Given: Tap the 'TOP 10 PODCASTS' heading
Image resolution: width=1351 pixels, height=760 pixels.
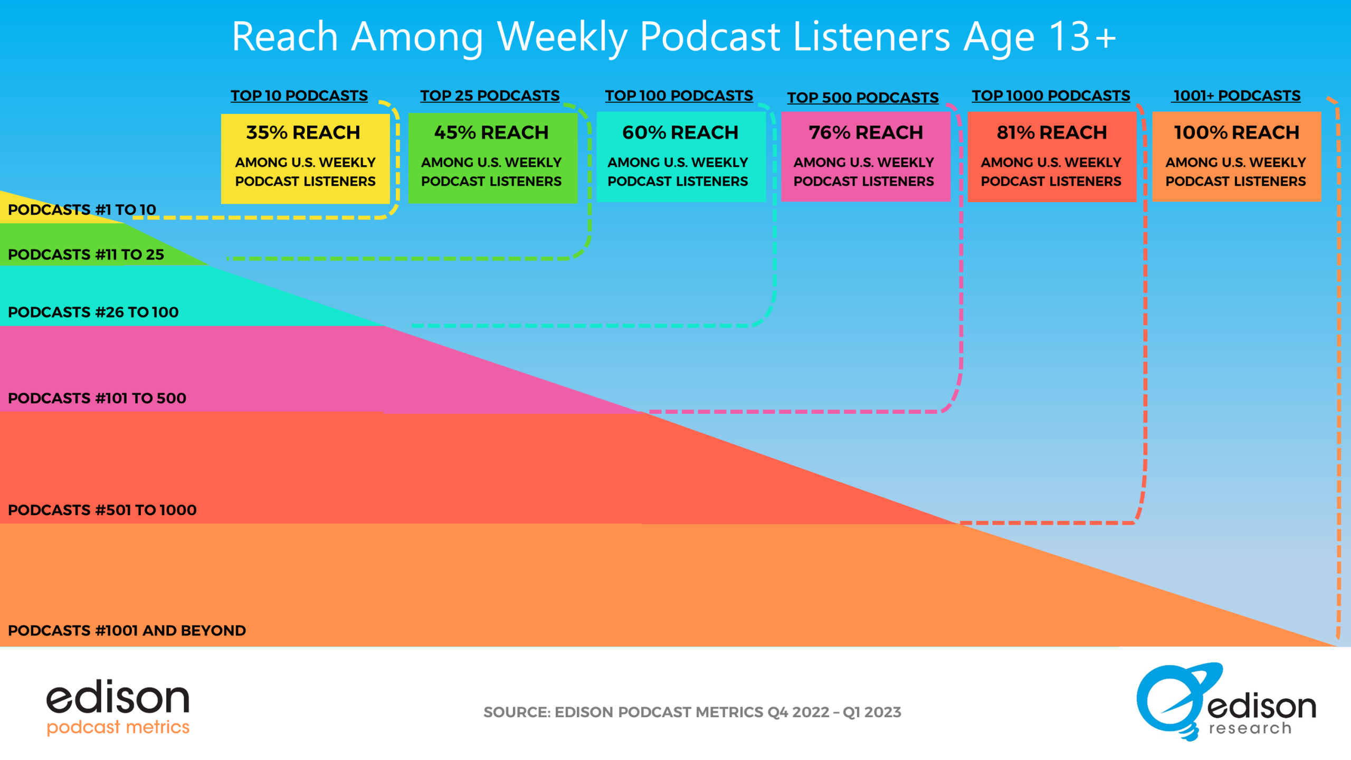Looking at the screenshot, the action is (299, 96).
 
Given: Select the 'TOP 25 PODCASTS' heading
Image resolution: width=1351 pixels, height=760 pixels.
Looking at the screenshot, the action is (490, 96).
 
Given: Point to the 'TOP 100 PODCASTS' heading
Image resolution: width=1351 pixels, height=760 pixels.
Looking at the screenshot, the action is (679, 96).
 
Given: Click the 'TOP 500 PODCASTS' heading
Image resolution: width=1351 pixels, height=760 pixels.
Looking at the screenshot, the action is (863, 98).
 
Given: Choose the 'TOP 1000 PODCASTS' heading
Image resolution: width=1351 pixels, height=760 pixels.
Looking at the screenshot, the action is (1051, 96).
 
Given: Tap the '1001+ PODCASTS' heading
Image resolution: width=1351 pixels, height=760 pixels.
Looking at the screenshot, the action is (1236, 96).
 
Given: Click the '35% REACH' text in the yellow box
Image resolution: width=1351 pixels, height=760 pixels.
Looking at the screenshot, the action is (303, 132).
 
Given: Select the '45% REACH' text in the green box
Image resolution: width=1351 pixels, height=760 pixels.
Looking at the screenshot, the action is (491, 132).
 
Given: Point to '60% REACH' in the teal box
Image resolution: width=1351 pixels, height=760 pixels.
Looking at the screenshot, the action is (680, 132).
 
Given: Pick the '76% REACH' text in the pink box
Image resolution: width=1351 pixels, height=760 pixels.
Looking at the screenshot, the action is (866, 132).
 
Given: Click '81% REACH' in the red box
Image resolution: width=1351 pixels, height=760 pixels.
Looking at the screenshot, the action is (1052, 132).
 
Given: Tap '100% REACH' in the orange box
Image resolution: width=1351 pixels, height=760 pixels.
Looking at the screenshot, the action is (1236, 132).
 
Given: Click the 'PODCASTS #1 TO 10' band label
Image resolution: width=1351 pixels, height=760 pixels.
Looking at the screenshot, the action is (82, 210).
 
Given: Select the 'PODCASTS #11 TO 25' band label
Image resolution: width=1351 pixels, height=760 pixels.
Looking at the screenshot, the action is (86, 254).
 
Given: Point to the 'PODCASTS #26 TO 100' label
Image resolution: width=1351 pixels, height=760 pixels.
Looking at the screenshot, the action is (93, 312).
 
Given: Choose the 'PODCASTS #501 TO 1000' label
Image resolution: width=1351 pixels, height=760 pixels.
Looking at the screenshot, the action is (102, 510).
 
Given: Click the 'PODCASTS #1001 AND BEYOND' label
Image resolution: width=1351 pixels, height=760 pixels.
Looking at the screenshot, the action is (127, 630).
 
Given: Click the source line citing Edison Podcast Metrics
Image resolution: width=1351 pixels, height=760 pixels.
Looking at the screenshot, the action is (692, 712).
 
